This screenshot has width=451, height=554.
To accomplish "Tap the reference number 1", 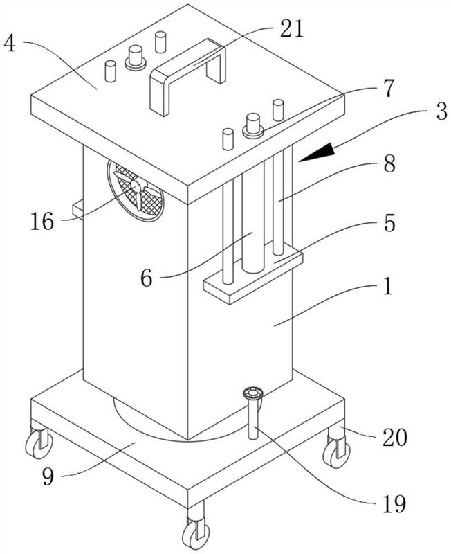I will point(389,286).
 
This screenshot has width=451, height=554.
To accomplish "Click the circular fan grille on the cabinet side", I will point(136,190).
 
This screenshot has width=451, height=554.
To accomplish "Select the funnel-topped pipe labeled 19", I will point(251,414).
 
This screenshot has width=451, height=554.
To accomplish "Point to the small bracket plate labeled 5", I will point(253,278).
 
